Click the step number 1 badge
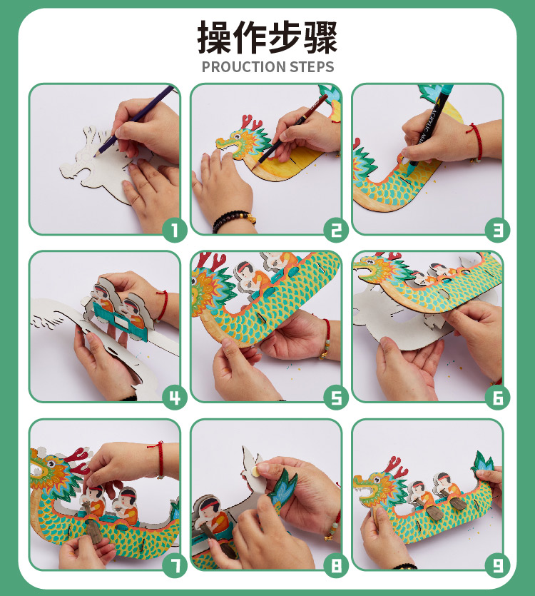point(174,230)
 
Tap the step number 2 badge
point(336,230)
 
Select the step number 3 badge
point(497,230)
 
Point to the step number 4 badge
point(174,398)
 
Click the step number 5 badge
point(336,398)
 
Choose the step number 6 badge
point(497,398)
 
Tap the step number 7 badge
point(174,565)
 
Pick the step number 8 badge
point(336,565)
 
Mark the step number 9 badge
point(497,565)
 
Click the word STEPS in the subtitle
point(312,67)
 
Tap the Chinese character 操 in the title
point(214,37)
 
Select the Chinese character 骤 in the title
point(320,37)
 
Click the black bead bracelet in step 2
point(233,221)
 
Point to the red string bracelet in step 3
point(477,141)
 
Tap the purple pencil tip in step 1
point(96,154)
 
